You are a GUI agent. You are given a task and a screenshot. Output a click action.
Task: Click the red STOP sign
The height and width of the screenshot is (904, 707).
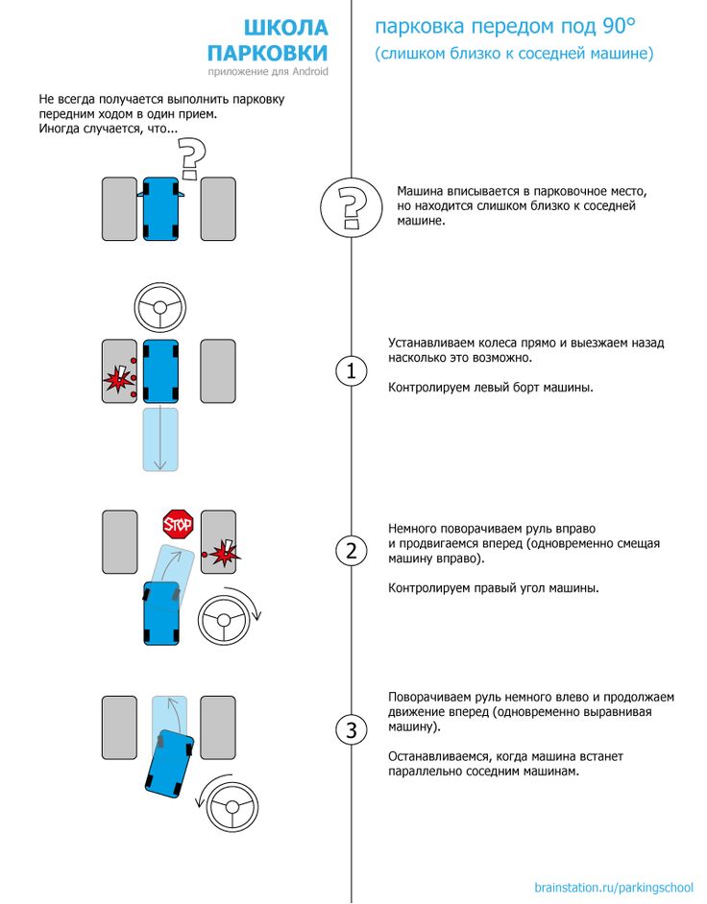[x=178, y=524]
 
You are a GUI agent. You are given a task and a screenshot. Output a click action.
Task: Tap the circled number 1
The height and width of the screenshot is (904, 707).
[x=351, y=371]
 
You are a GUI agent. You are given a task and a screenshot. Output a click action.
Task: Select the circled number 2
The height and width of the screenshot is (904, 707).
[x=351, y=551]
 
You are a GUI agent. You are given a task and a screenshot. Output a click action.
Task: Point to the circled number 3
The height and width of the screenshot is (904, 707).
[x=351, y=730]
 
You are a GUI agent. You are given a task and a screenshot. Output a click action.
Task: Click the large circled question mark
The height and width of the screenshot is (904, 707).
[x=348, y=206]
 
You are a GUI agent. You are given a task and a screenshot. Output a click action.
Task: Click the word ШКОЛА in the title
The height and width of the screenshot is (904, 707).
[x=284, y=28]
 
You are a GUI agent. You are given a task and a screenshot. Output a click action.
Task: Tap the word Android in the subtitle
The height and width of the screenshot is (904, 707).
[x=306, y=72]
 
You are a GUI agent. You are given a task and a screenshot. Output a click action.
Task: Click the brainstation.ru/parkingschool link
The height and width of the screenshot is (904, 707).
[x=613, y=887]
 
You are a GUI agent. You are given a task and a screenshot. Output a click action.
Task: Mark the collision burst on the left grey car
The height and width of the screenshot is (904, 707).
[x=118, y=380]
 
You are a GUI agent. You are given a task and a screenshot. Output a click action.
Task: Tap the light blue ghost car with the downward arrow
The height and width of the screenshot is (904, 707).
[x=160, y=439]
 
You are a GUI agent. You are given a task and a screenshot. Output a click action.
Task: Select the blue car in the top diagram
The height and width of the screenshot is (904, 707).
[x=160, y=208]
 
